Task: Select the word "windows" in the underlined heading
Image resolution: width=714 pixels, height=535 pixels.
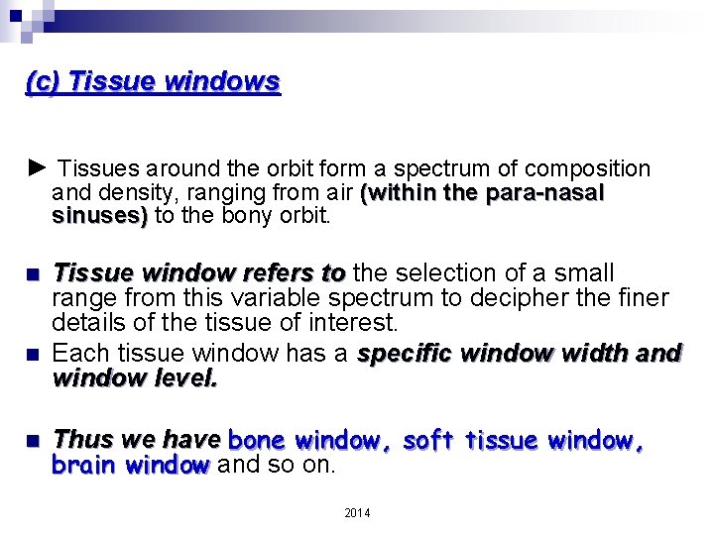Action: point(222,81)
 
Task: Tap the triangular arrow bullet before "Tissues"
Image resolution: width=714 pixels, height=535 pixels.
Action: point(36,167)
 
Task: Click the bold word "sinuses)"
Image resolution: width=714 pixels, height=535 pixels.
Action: point(99,215)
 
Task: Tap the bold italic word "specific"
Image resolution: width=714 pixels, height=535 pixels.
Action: point(406,354)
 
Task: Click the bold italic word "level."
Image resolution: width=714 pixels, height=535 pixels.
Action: point(181,377)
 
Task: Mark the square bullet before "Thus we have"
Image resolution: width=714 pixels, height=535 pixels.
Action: point(35,440)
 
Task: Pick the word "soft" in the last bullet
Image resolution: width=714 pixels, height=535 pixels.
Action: point(430,439)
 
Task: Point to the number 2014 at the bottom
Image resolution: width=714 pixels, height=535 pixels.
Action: point(357,512)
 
